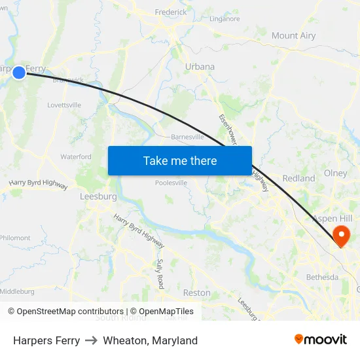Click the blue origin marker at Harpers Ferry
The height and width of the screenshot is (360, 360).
click(19, 73)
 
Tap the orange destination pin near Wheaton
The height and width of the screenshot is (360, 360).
click(341, 235)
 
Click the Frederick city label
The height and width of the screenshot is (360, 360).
click(171, 12)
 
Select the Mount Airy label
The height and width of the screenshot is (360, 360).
click(293, 36)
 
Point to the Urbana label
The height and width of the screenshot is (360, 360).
click(200, 67)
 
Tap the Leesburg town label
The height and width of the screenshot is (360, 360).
click(98, 196)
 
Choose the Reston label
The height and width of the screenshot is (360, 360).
click(197, 293)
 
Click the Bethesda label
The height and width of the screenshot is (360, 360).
click(323, 277)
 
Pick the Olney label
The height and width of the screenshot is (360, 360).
click(336, 174)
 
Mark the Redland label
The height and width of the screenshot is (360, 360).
click(298, 178)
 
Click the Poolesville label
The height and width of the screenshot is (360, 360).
click(171, 183)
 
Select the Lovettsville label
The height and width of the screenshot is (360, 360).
click(64, 105)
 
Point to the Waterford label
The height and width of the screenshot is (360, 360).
click(76, 156)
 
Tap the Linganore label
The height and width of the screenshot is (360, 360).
click(225, 19)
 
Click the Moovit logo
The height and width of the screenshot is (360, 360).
click(321, 339)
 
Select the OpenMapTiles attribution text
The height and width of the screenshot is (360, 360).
click(162, 312)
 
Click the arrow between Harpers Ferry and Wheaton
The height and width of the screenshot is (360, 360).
click(92, 340)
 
